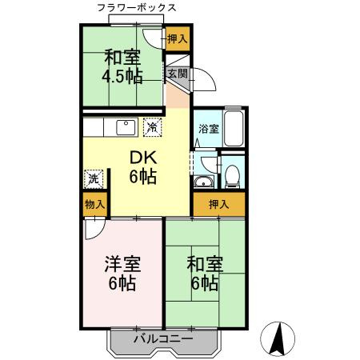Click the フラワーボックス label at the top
click(137, 8)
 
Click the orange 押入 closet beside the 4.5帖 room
click(177, 39)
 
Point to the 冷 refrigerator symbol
click(151, 127)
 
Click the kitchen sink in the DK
click(126, 127)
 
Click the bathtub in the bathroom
click(233, 128)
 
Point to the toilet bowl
click(232, 175)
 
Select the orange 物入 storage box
click(94, 205)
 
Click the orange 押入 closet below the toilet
click(218, 205)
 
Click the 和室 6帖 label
click(204, 273)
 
